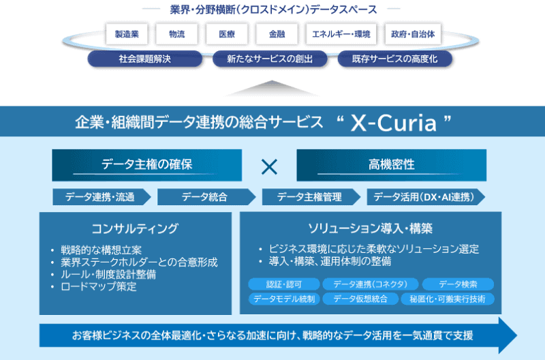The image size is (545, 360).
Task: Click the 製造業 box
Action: click(x=127, y=33)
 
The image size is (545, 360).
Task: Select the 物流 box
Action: click(x=176, y=33)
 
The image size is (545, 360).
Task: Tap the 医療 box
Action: click(x=228, y=33)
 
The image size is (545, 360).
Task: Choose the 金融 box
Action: click(x=277, y=33)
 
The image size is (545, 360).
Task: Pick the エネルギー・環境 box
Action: click(x=341, y=33)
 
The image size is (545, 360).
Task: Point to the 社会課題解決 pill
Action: click(x=144, y=59)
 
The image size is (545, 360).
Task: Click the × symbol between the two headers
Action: click(x=270, y=166)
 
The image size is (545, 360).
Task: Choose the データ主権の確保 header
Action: click(x=147, y=165)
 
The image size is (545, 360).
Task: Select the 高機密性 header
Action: click(x=391, y=165)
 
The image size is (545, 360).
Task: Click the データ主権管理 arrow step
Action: click(x=309, y=197)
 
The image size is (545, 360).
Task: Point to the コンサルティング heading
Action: click(x=135, y=228)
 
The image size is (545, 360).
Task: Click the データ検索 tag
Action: click(x=458, y=284)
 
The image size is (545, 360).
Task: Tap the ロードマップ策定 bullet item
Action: click(x=99, y=286)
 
